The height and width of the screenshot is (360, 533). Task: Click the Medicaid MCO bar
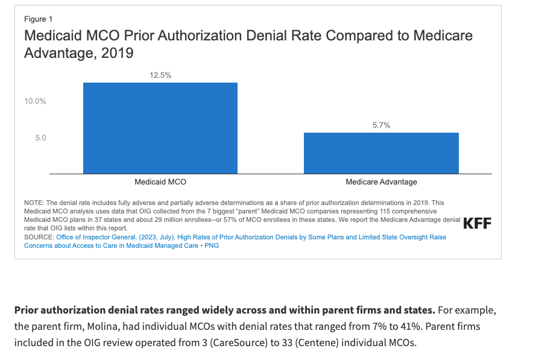click(x=160, y=128)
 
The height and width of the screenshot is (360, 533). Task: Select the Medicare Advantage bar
click(x=381, y=153)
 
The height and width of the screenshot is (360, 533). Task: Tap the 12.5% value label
click(x=160, y=75)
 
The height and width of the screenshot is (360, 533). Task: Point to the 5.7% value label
click(x=382, y=125)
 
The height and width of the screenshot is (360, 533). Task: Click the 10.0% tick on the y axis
click(x=35, y=101)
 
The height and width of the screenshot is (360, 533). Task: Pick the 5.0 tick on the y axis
click(x=41, y=137)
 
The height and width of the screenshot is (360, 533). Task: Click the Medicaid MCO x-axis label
click(x=160, y=182)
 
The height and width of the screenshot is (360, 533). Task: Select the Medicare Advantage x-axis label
click(x=382, y=182)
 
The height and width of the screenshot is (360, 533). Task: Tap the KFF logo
click(x=478, y=223)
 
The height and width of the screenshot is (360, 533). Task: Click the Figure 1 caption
click(x=38, y=19)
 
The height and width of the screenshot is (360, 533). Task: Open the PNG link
click(x=212, y=245)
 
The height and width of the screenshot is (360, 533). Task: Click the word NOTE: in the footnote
click(x=34, y=203)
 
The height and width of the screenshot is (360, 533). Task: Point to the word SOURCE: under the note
click(x=39, y=237)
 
